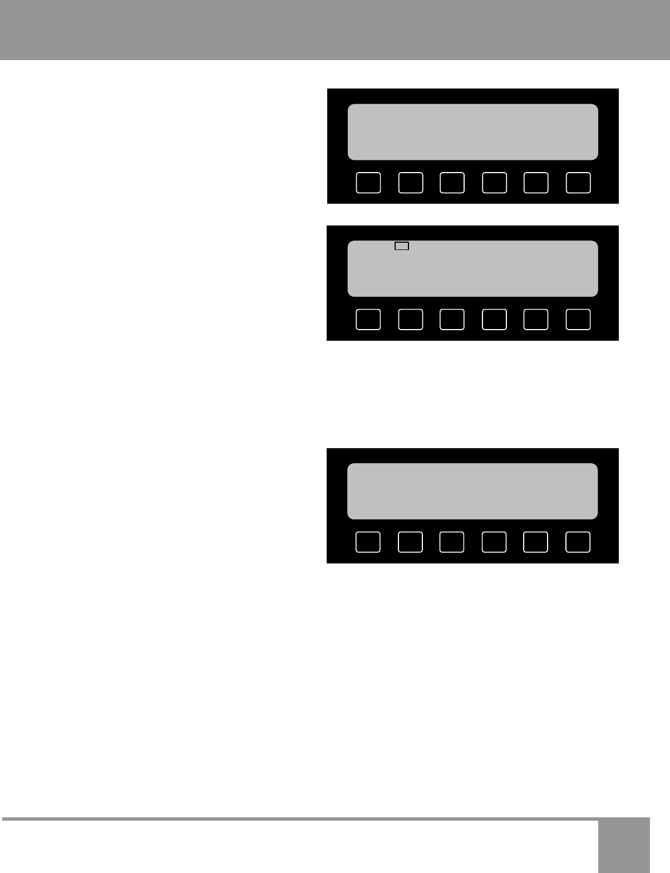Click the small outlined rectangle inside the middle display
pos(402,246)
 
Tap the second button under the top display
pos(411,183)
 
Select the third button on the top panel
pos(452,183)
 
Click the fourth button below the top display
pos(494,183)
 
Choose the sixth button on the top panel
pos(578,183)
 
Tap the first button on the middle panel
pos(368,320)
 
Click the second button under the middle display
pos(411,320)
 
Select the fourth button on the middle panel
pos(494,320)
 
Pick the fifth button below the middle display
pos(536,320)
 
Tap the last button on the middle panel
pos(578,320)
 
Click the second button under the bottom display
pos(410,542)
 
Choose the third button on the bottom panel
pos(452,542)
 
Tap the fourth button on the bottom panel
pos(494,542)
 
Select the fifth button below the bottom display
pos(536,542)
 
